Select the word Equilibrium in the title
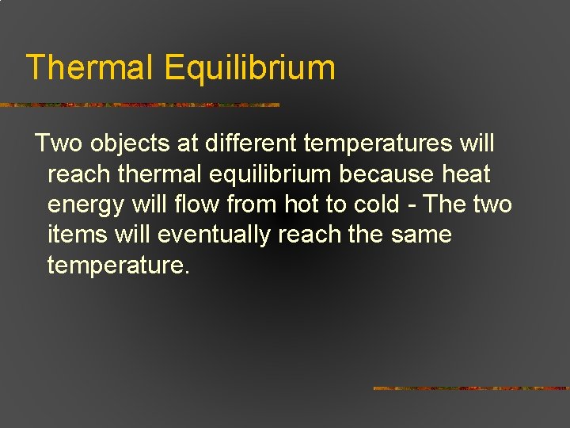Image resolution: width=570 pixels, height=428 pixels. tap(250, 69)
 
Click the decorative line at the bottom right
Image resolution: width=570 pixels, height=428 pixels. tap(470, 388)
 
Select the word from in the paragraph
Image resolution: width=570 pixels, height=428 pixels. tap(249, 204)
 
